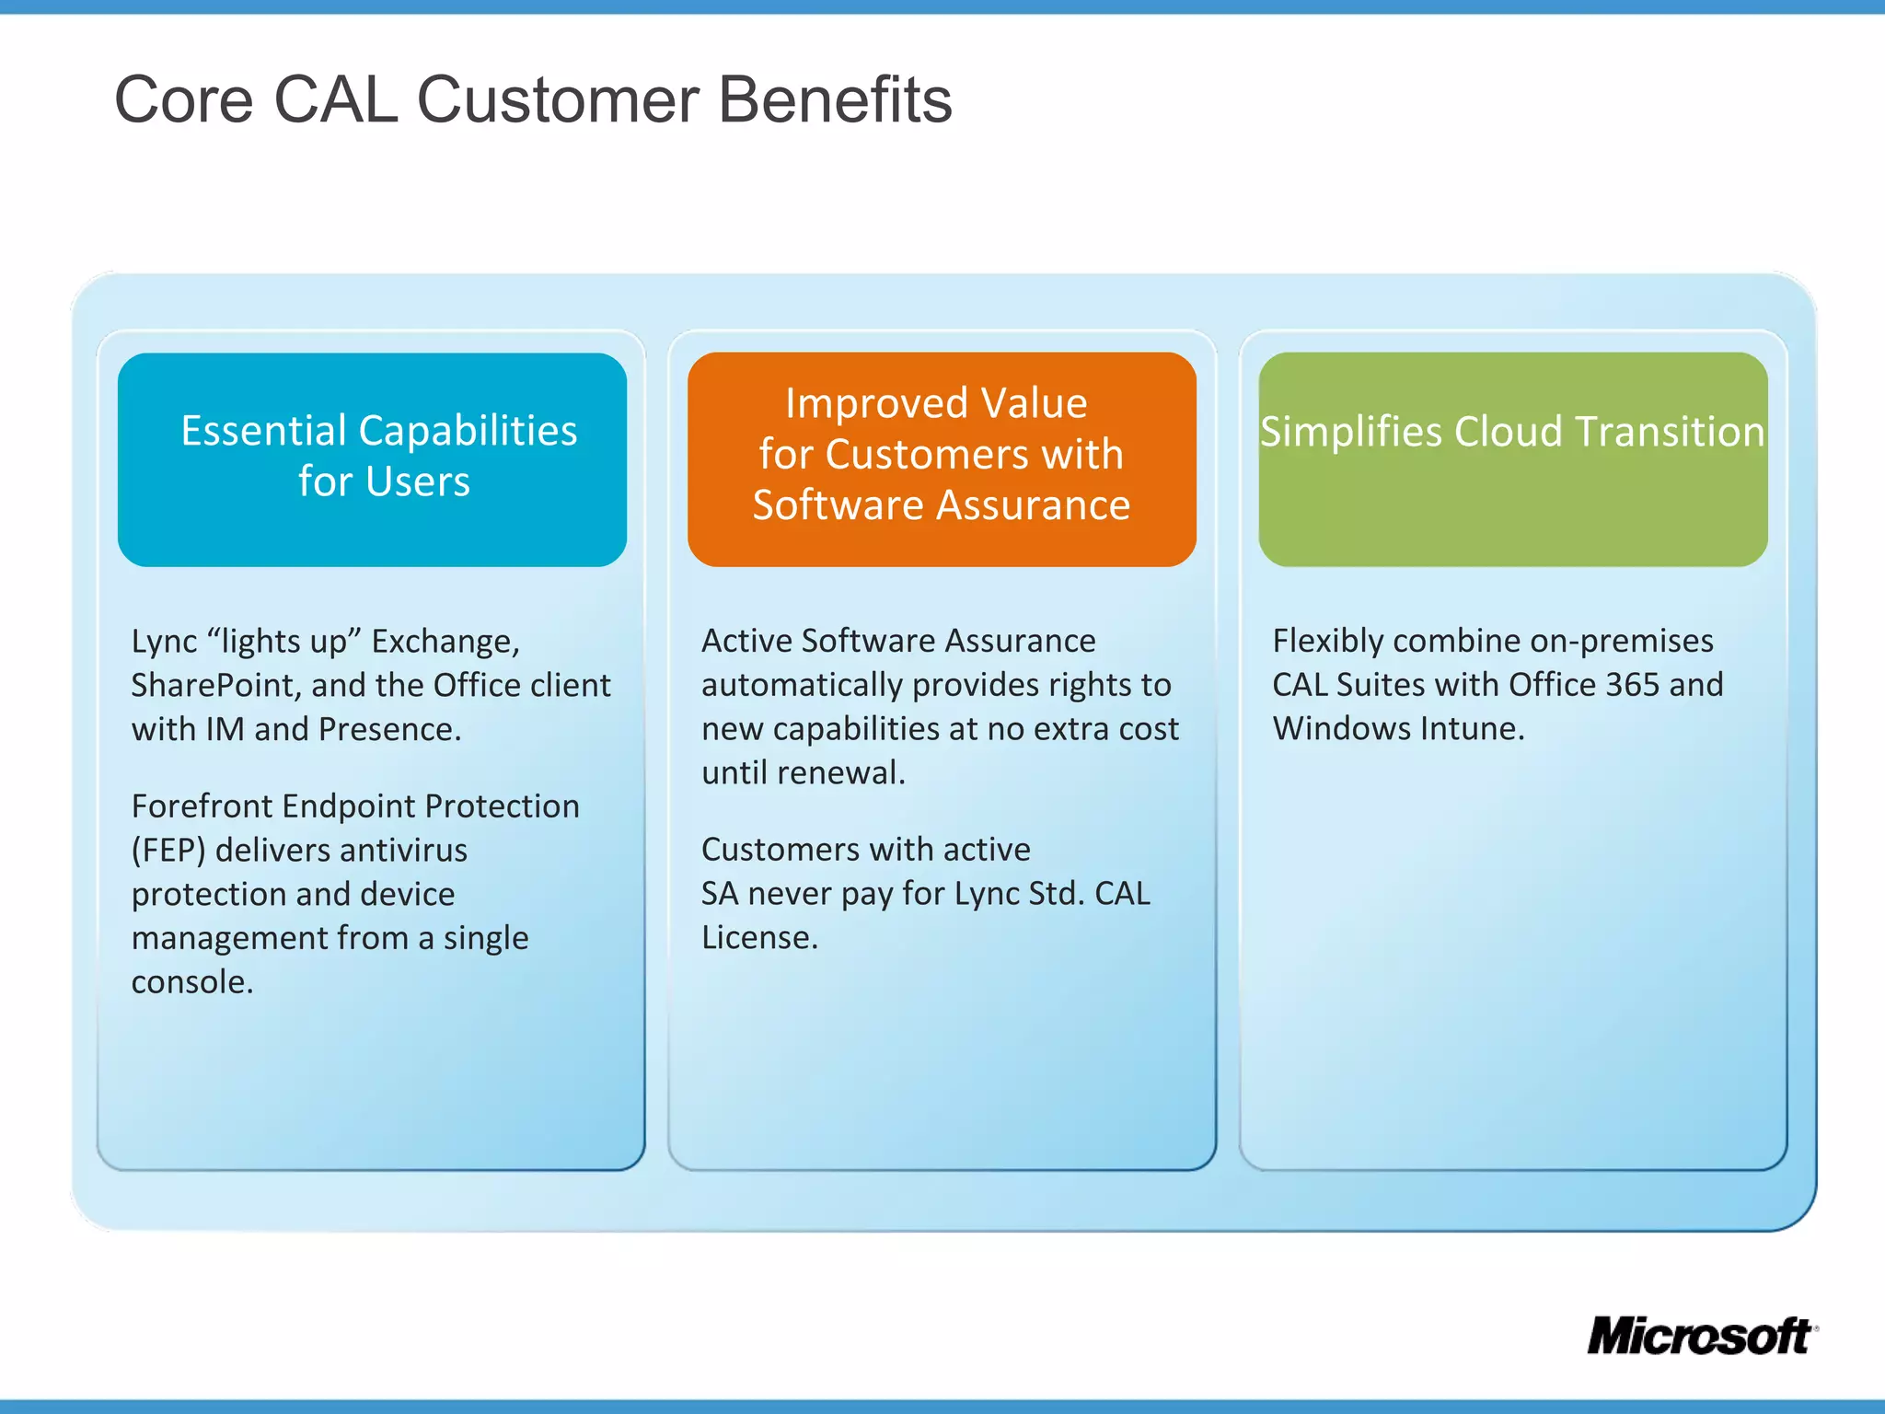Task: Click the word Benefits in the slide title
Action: coord(835,99)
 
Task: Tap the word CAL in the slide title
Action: coord(336,99)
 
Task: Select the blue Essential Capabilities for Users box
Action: coord(372,459)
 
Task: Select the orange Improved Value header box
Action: coord(942,459)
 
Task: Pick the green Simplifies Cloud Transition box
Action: coord(1512,459)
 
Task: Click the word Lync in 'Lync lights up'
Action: coord(164,642)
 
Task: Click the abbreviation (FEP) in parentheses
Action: coord(168,851)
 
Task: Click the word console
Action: coord(191,982)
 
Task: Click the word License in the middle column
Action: coord(759,938)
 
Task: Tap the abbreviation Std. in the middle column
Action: coord(1057,894)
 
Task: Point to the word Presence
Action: coord(388,730)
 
